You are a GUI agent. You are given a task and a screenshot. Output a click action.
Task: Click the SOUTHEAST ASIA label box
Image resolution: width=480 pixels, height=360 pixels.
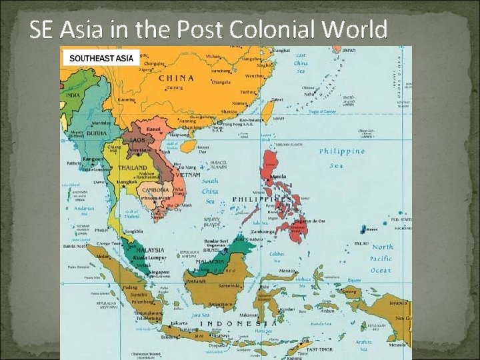101,58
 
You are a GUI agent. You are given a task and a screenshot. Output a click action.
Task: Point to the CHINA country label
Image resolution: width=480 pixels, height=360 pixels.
176,77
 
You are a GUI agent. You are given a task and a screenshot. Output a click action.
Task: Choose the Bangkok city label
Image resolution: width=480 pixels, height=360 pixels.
127,181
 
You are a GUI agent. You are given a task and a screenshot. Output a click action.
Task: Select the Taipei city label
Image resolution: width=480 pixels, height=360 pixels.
277,99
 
